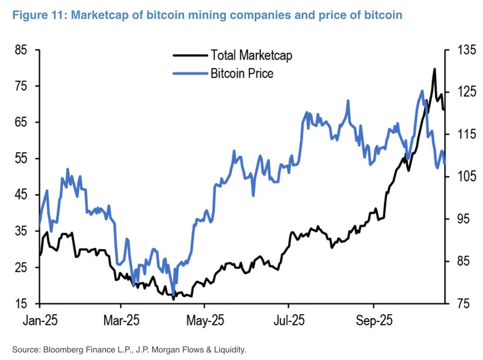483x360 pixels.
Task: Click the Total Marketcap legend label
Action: point(251,55)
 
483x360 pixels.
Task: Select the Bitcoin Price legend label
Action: point(242,73)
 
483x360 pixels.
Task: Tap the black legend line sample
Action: point(190,55)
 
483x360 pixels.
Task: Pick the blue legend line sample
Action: point(190,73)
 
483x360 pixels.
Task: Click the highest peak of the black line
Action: point(434,69)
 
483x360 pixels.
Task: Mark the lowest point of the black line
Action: point(173,299)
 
